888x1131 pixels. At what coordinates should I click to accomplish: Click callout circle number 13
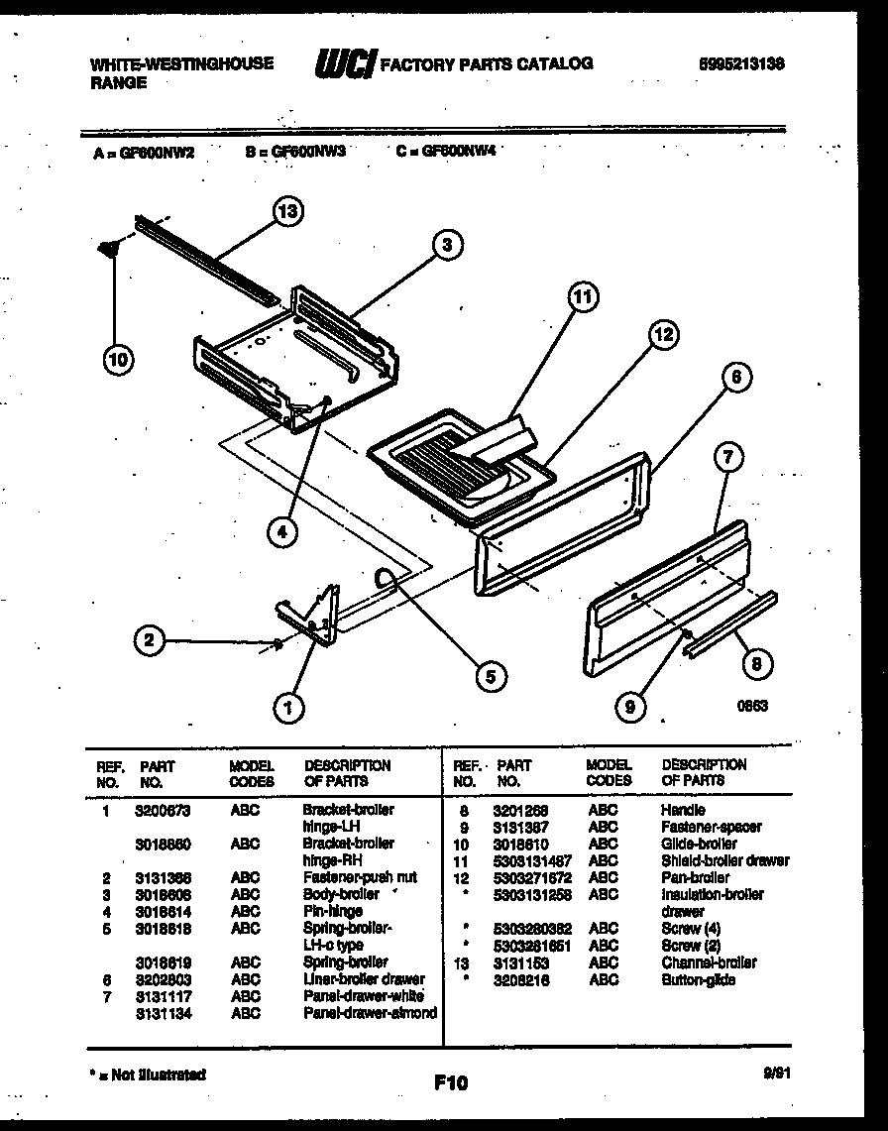pyautogui.click(x=288, y=210)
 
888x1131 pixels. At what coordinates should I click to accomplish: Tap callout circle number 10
pyautogui.click(x=119, y=360)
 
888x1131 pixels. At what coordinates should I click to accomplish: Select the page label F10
pyautogui.click(x=450, y=1082)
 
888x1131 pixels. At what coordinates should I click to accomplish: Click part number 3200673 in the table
pyautogui.click(x=163, y=810)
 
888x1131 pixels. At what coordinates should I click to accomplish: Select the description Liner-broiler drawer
pyautogui.click(x=363, y=979)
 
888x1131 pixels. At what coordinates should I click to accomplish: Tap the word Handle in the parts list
pyautogui.click(x=683, y=810)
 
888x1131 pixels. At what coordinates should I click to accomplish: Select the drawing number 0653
pyautogui.click(x=752, y=707)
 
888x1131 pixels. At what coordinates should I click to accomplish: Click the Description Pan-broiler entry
pyautogui.click(x=695, y=877)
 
